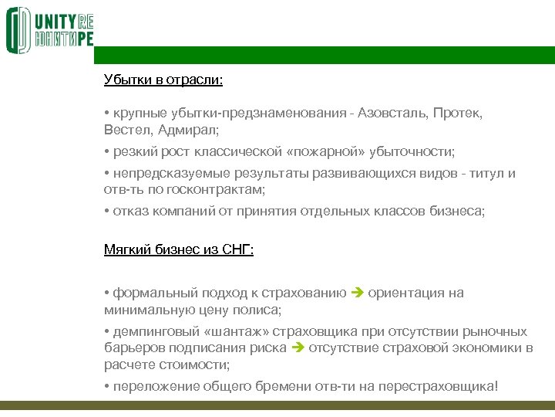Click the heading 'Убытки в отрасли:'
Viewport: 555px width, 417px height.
163,79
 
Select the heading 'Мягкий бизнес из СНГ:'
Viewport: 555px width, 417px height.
179,249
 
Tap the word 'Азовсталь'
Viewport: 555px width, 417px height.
394,114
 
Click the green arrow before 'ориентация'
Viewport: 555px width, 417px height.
356,293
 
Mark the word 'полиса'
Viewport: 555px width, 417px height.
258,310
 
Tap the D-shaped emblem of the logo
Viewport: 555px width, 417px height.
18,30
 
